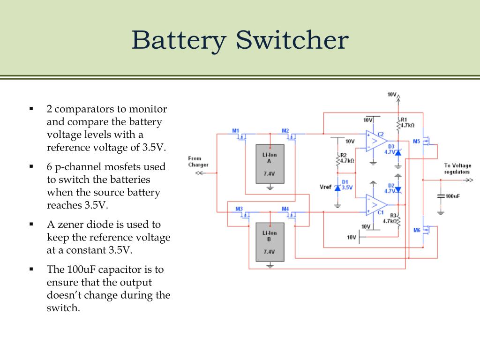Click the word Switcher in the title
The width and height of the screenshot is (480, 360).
coord(292,41)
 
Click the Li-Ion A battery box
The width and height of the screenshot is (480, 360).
coord(270,166)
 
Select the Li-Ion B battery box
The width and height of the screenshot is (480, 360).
coord(270,242)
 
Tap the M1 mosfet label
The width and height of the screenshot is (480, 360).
coord(236,130)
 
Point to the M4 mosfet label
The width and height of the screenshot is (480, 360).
coord(285,208)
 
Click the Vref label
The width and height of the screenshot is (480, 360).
coord(325,187)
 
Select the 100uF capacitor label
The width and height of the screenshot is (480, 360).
coord(452,196)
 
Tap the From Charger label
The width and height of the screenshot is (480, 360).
coord(198,162)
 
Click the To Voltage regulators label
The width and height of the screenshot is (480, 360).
coord(457,169)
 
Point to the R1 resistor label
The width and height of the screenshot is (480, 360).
coord(404,120)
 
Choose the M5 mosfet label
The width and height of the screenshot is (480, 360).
coord(417,141)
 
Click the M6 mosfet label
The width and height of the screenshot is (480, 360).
coord(417,230)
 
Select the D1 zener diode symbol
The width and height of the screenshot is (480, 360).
coord(337,187)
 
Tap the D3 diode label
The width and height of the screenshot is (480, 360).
coord(391,147)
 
